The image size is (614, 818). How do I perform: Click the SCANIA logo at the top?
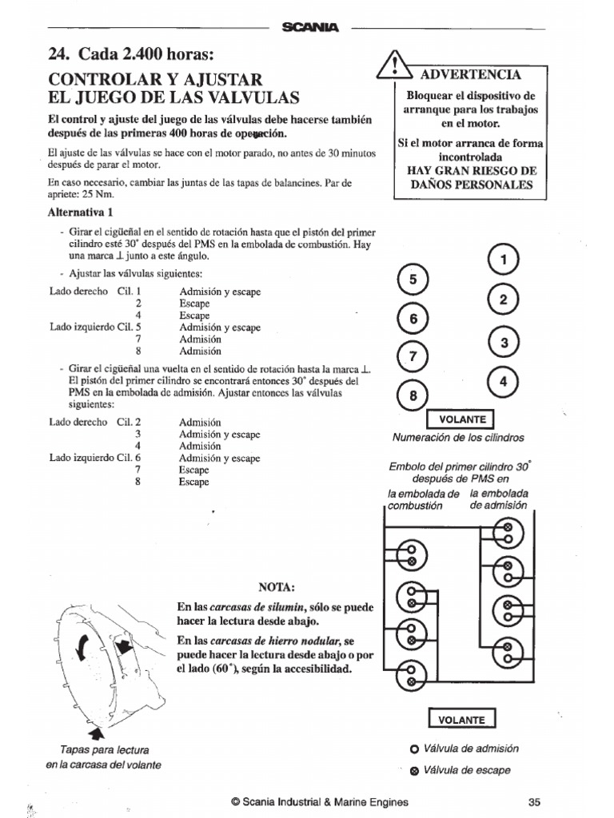[x=310, y=28]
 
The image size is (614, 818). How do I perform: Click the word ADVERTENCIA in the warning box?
[x=471, y=74]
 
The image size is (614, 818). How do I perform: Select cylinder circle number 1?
[x=503, y=259]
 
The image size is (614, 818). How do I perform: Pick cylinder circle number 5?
[x=413, y=280]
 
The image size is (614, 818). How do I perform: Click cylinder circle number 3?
[x=503, y=343]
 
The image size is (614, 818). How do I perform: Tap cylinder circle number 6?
[x=413, y=319]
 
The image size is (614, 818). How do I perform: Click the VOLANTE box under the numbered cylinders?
[x=461, y=419]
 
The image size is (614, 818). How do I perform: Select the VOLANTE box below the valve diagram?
[x=461, y=719]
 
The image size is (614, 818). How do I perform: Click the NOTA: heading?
[x=277, y=587]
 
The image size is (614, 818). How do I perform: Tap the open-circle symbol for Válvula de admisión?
[x=413, y=749]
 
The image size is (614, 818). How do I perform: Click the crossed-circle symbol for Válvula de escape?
[x=413, y=771]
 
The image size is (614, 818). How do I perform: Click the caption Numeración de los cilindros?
[x=458, y=438]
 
